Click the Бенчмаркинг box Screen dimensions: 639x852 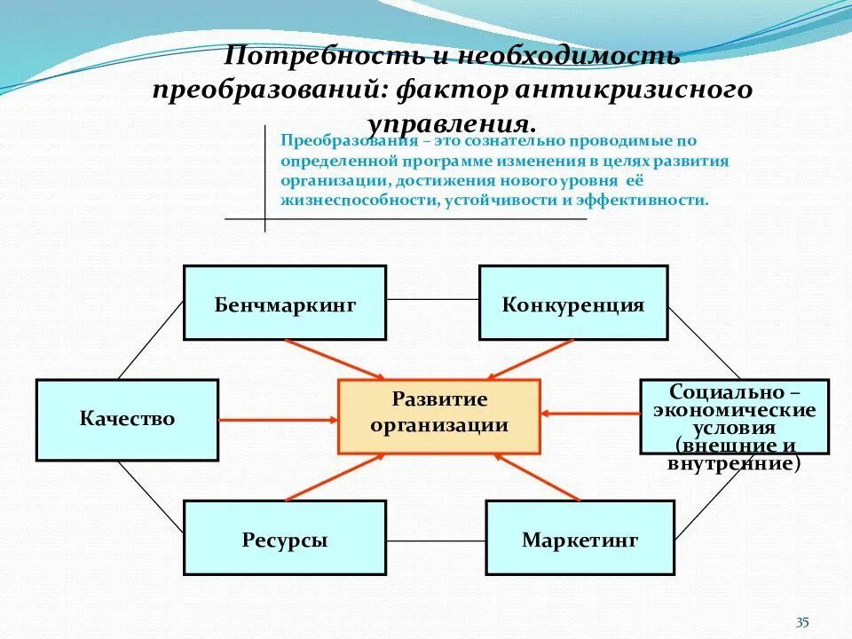285,303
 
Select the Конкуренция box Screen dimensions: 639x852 573,303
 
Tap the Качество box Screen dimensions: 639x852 127,420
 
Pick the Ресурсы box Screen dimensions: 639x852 285,538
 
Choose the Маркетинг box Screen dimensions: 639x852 580,538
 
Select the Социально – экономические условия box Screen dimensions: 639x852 735,416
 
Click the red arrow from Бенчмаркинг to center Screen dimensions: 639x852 335,358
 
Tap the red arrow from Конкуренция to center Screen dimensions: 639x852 530,359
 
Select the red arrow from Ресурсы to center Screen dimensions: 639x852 335,476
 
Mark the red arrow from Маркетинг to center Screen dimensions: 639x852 538,476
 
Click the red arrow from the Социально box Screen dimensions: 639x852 590,413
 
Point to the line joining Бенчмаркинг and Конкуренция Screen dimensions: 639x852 432,299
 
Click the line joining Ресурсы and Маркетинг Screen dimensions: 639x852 436,540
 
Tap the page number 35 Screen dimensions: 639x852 802,622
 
